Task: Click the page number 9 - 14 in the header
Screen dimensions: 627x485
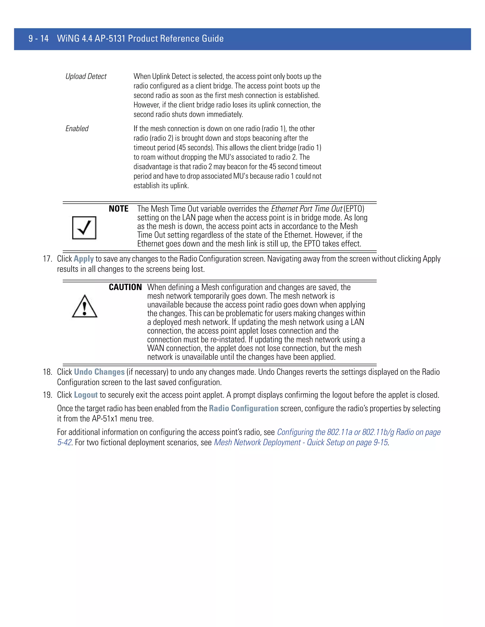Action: [39, 39]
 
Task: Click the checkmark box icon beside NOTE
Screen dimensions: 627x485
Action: [84, 228]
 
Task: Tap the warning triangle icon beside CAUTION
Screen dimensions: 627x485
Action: [85, 306]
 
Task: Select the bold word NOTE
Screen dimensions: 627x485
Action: [118, 209]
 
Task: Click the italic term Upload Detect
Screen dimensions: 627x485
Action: [86, 76]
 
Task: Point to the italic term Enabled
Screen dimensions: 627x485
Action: [77, 129]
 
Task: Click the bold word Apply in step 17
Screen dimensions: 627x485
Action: [84, 259]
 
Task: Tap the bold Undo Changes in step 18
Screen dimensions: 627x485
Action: [99, 372]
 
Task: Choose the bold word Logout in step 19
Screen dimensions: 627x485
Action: [86, 395]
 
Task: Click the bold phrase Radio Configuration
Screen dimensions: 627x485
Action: [243, 409]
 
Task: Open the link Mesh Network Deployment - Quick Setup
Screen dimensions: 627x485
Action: [301, 442]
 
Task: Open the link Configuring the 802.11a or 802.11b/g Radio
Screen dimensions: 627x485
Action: [359, 432]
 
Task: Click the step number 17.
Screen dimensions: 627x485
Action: [47, 259]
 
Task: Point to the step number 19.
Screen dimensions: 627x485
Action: [47, 395]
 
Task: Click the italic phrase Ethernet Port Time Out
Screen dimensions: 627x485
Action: [307, 209]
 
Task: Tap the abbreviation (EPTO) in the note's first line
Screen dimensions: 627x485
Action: [354, 209]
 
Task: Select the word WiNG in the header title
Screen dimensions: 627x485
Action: [68, 39]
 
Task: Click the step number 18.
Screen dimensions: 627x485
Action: [47, 372]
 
